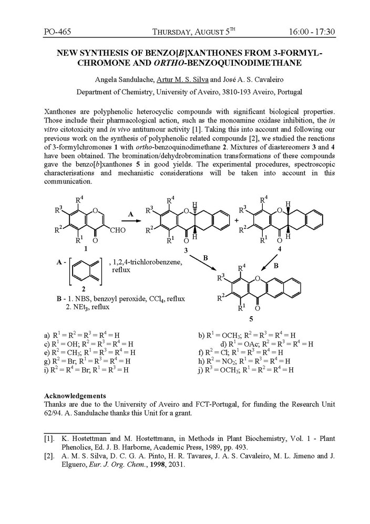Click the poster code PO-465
[58, 32]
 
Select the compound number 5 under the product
[251, 319]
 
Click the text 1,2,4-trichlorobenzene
[145, 261]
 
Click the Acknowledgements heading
[75, 395]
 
